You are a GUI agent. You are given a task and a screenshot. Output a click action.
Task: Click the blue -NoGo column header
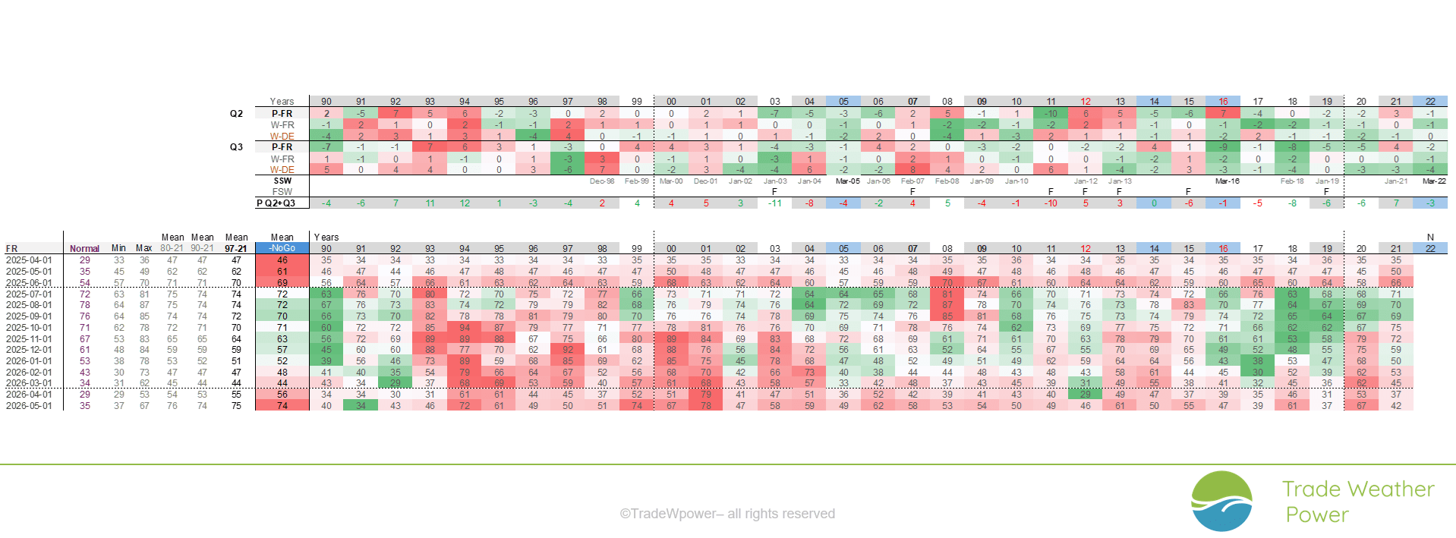click(282, 248)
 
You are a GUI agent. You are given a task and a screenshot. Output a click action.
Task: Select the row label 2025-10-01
click(29, 328)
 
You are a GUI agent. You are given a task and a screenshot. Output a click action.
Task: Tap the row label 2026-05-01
click(29, 406)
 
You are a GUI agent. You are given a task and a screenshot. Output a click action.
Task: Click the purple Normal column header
click(84, 249)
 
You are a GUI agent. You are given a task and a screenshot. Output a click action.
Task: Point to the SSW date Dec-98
click(602, 181)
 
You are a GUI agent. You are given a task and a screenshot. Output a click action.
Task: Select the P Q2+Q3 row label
click(276, 203)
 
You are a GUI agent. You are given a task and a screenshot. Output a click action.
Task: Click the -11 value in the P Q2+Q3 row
click(774, 203)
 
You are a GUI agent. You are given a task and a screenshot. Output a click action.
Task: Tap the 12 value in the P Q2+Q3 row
click(465, 203)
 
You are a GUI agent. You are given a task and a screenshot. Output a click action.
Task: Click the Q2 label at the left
click(236, 114)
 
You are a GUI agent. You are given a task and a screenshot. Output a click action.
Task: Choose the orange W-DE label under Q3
click(282, 170)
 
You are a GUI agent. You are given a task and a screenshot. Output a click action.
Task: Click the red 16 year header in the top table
click(1223, 102)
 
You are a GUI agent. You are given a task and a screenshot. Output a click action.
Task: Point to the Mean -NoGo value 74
click(282, 406)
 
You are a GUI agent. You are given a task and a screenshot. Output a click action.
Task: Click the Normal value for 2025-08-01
click(84, 305)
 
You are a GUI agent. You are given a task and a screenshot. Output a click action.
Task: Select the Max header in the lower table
click(143, 248)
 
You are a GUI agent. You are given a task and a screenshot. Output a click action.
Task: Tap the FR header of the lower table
click(11, 249)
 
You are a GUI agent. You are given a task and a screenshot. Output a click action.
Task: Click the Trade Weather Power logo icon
click(1221, 501)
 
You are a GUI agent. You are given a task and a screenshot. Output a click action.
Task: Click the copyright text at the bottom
click(727, 514)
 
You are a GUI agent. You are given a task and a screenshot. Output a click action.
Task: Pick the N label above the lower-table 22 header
click(1430, 238)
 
